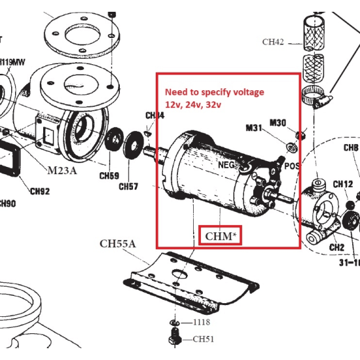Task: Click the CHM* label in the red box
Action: (x=220, y=236)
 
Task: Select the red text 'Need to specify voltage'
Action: (x=214, y=92)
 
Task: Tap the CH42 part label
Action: (x=273, y=42)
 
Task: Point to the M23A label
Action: (x=62, y=171)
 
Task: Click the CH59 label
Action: (x=109, y=175)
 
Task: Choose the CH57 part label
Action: (x=128, y=187)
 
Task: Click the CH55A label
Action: (x=118, y=244)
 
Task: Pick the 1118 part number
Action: (x=202, y=323)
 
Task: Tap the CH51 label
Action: (x=203, y=339)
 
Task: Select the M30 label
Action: (x=278, y=122)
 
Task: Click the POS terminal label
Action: (x=293, y=166)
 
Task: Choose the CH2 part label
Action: (x=336, y=247)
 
